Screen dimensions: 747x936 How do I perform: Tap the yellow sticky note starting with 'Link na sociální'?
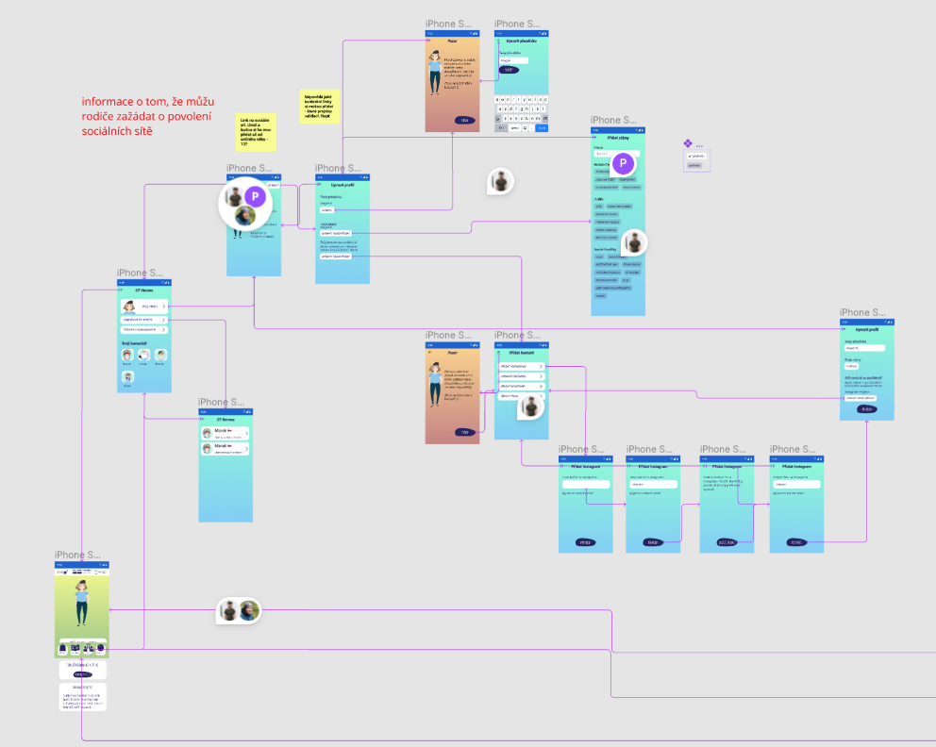(256, 132)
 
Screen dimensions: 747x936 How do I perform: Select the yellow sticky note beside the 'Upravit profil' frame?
(320, 108)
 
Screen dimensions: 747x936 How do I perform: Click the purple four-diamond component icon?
(688, 143)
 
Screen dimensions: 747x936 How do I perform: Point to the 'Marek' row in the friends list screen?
(226, 433)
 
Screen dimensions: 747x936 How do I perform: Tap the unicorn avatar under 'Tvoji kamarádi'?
(126, 376)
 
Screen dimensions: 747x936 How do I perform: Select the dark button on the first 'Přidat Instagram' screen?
(585, 542)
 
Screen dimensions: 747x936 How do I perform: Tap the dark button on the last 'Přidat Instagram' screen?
(796, 542)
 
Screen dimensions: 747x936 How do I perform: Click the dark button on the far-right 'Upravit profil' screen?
(867, 409)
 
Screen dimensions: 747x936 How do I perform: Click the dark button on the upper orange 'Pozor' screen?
(464, 121)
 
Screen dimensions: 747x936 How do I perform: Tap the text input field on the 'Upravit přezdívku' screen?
(514, 59)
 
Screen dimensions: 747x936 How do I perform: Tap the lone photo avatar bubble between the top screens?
(501, 181)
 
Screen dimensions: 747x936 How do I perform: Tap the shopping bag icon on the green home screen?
(75, 649)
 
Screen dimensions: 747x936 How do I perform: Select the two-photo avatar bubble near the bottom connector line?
(238, 610)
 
